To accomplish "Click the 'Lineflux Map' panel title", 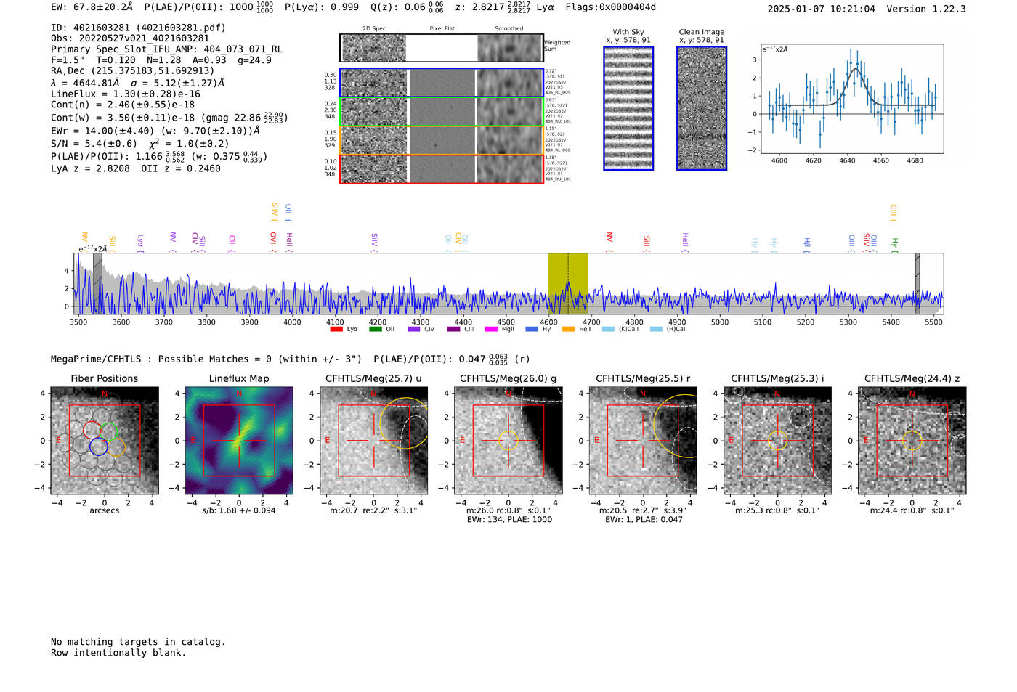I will (x=238, y=378).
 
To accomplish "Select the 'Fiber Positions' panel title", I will (x=104, y=378).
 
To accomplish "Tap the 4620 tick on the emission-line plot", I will (x=813, y=160).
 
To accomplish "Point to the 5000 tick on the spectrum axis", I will (x=719, y=322).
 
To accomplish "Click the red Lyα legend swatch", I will (x=336, y=329).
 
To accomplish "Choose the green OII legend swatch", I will (x=375, y=329).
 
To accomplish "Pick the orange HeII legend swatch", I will (x=568, y=329).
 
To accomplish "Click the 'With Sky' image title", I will (x=628, y=32).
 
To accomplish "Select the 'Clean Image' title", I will (x=701, y=32).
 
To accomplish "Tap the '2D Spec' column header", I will (x=373, y=28).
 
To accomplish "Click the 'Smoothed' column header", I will (x=508, y=28).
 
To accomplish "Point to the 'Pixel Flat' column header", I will (x=442, y=28).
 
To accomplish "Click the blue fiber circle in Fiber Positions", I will (x=99, y=447).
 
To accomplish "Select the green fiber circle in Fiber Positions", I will (x=108, y=431).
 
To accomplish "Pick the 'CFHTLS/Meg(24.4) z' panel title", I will (x=912, y=378).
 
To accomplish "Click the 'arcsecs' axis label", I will (x=104, y=510).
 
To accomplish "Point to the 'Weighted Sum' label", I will (x=556, y=46).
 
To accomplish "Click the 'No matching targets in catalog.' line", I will (x=138, y=642).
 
